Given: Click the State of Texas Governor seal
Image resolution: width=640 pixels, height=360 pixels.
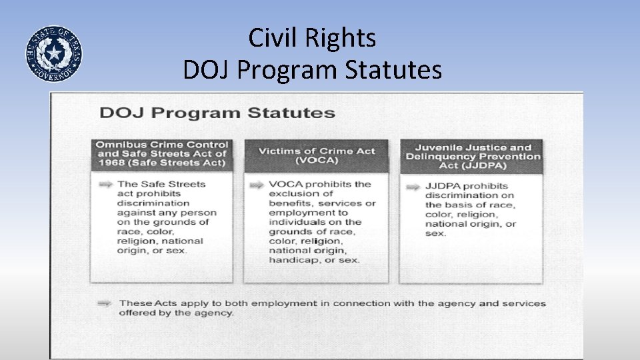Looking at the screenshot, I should [x=54, y=54].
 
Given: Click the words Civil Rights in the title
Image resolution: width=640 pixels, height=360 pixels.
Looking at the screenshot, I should [x=312, y=38].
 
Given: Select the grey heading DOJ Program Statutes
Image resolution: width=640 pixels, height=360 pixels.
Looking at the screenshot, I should [x=217, y=112].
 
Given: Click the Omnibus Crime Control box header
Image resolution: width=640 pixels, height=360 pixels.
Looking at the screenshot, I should [x=162, y=154].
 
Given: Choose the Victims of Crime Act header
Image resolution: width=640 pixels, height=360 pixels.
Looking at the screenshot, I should [x=317, y=155].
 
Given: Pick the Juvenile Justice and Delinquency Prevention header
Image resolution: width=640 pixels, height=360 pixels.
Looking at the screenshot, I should [x=473, y=157].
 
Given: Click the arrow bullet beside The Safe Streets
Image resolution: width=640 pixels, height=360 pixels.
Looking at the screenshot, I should [x=105, y=185].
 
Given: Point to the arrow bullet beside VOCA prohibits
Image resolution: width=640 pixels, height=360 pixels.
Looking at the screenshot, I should [x=257, y=185].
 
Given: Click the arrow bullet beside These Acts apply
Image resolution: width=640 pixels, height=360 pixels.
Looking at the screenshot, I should [x=104, y=303].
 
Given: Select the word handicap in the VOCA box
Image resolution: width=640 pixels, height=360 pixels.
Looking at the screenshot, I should [x=290, y=260].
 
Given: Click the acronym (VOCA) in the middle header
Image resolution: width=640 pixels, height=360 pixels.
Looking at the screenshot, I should [x=317, y=161].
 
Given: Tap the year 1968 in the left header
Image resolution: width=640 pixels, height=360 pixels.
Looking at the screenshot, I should [x=110, y=163].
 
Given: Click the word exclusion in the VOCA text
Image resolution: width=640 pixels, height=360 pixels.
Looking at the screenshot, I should [x=292, y=194].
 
